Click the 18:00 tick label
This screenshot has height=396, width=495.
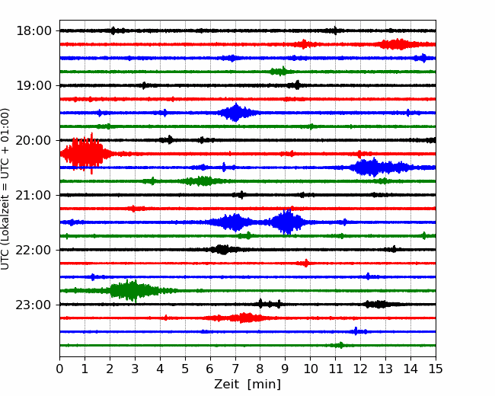[34, 31]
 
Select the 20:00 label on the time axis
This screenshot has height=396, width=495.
[34, 141]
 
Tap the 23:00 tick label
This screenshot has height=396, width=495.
[34, 305]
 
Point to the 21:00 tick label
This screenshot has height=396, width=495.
[34, 196]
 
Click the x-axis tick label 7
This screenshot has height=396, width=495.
[235, 369]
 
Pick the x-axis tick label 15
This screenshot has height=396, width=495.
[436, 369]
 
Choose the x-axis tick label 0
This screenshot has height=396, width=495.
[59, 369]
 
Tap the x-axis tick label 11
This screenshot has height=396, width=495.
[336, 369]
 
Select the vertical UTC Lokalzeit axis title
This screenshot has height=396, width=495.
[5, 189]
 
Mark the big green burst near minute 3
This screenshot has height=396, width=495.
[133, 290]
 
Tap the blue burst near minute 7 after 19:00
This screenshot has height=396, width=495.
[235, 113]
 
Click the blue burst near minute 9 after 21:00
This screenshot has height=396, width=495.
[286, 222]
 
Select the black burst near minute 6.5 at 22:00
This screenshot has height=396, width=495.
[222, 250]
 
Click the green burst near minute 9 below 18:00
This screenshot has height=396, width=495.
[280, 72]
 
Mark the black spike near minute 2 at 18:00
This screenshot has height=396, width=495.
[113, 30]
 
